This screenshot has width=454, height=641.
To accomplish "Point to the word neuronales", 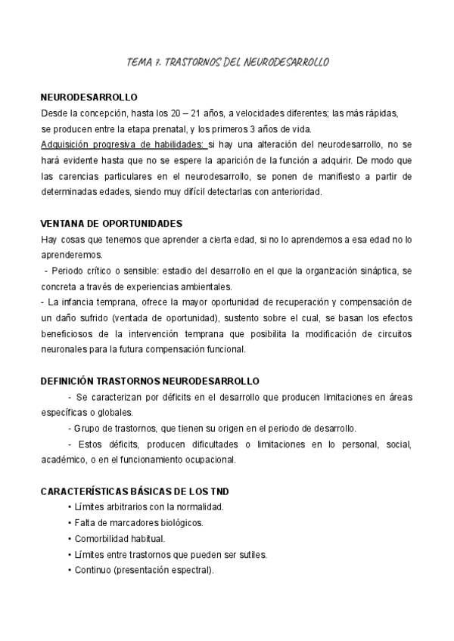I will (64, 349).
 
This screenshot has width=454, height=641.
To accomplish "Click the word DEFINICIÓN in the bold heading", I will (70, 382).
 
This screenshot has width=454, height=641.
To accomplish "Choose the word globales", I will (114, 412).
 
